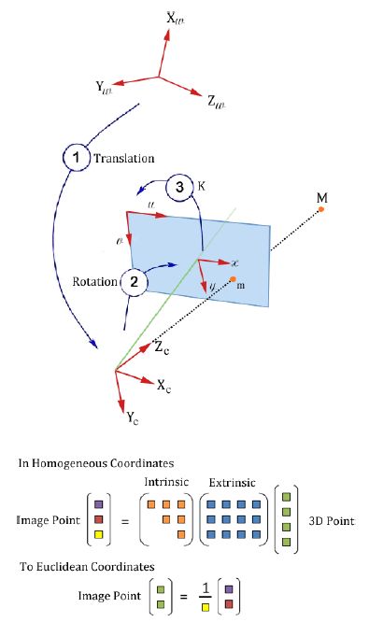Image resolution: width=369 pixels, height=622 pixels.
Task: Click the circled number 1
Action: pos(77,157)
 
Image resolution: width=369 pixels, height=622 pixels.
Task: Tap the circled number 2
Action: pos(134,280)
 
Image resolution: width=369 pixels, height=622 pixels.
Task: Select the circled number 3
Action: pos(181,188)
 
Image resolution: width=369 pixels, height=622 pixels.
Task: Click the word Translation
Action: pos(124,158)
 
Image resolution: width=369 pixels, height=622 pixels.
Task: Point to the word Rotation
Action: pos(94,280)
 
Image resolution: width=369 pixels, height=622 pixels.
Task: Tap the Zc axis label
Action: pos(162,348)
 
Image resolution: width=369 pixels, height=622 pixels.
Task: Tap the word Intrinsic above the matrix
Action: pos(168,481)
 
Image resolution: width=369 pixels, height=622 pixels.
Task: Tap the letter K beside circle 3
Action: pos(202,185)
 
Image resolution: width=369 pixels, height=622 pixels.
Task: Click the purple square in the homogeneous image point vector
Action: pos(99,504)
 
